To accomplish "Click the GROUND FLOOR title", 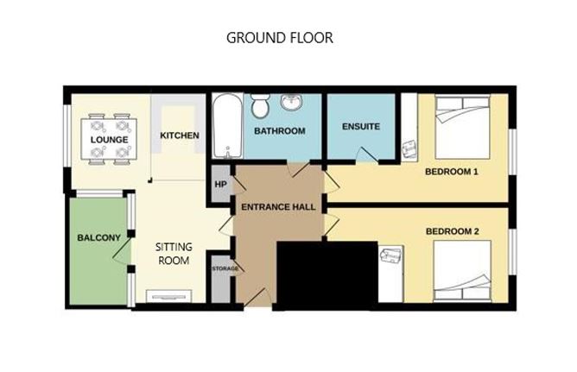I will point(279,38).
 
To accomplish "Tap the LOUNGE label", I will point(109,140).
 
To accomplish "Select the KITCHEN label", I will point(180,136).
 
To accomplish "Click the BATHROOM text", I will point(279,131).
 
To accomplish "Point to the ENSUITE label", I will point(360,127).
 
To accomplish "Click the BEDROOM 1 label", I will point(451,172).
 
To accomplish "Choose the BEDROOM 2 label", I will point(452,231).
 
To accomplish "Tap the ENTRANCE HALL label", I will point(277,207).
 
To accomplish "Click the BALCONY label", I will point(98,238).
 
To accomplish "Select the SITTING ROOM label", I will point(174,254).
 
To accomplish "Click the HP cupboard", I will point(219,185).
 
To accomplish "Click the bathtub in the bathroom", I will point(226,126).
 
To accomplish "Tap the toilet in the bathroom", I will point(259,106).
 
